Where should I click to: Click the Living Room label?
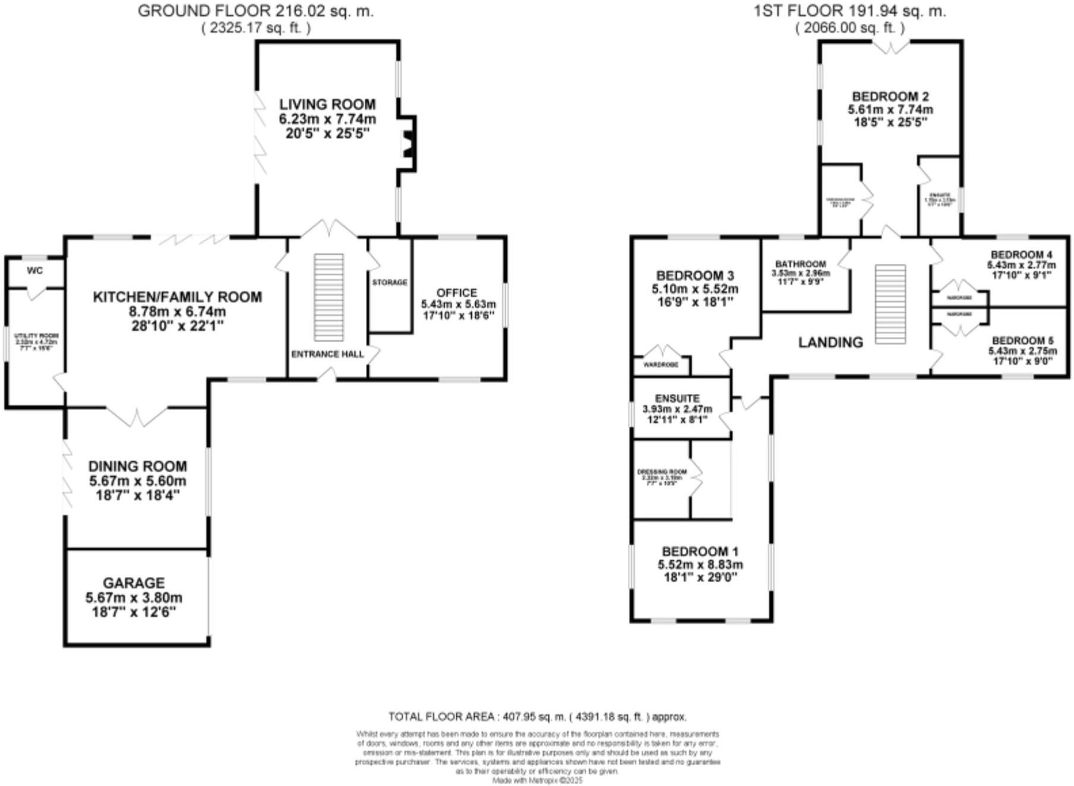tap(327, 104)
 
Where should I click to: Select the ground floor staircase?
tap(328, 297)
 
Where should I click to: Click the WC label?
tap(35, 271)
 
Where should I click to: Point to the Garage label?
tap(134, 583)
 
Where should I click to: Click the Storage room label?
tap(390, 282)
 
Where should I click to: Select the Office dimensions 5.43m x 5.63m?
tap(458, 304)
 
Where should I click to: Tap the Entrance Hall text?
tap(327, 354)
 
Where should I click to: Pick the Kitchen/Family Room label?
tap(177, 297)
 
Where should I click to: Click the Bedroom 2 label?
tap(890, 96)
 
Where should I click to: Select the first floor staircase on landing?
tap(890, 304)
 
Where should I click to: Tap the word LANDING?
tap(830, 342)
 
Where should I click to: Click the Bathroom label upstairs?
tap(800, 264)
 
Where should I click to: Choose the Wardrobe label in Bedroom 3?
tap(661, 365)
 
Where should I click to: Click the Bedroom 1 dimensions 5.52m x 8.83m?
tap(700, 564)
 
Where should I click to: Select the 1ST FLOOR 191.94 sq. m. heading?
tap(849, 11)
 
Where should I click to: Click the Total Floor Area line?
tap(537, 716)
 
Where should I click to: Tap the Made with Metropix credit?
tap(537, 780)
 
